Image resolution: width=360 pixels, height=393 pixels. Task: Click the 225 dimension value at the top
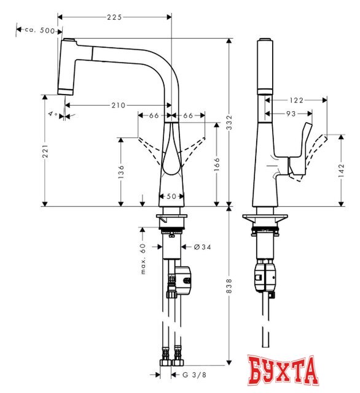point(114,17)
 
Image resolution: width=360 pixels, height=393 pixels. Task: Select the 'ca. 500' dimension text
point(39,29)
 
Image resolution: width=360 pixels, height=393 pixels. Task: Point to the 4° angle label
point(53,114)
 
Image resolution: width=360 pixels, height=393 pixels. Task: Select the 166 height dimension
point(217,164)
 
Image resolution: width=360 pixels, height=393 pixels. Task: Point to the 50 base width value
point(172,196)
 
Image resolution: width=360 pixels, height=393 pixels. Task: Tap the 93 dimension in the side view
point(289,114)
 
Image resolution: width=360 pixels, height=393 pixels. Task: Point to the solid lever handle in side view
point(299,154)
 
